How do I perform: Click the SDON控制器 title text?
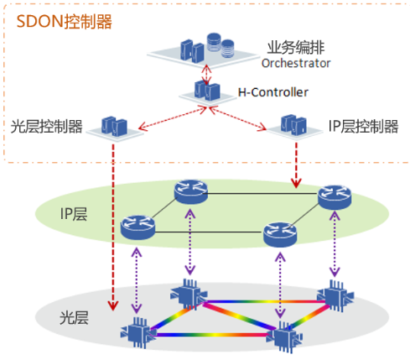[x=64, y=22]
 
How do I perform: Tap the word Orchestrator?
[x=296, y=63]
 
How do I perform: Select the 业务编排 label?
[x=296, y=47]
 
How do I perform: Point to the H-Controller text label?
[x=273, y=92]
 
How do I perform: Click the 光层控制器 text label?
[x=46, y=126]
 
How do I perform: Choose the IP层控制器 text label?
[x=363, y=126]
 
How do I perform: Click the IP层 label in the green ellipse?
[x=74, y=214]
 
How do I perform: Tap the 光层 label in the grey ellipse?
[x=74, y=318]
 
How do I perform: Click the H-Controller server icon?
[x=207, y=91]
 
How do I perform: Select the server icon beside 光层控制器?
[x=114, y=127]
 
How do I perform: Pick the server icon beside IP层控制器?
[x=293, y=124]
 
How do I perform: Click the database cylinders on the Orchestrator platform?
[x=221, y=44]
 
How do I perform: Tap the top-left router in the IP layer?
[x=191, y=192]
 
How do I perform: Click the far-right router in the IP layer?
[x=335, y=197]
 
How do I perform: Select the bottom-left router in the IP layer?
[x=138, y=227]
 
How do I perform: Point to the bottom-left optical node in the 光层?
[x=138, y=332]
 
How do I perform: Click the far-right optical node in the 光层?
[x=335, y=295]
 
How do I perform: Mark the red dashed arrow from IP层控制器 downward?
[x=296, y=165]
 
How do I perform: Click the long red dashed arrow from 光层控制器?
[x=113, y=227]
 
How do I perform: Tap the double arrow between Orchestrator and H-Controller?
[x=206, y=74]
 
